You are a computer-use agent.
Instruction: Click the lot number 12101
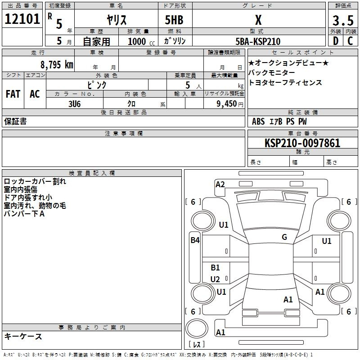coord(22,20)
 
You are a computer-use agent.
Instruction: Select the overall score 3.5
coord(342,20)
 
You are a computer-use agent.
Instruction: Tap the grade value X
coord(258,20)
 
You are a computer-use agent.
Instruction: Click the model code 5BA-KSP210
coord(258,41)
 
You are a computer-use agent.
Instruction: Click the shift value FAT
coord(13,94)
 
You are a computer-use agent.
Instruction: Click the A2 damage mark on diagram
coord(220,184)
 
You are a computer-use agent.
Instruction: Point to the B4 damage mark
coord(195,240)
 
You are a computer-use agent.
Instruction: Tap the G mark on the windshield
coord(284,237)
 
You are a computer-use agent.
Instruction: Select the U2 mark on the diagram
coord(215,279)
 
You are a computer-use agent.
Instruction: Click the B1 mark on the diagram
coord(215,268)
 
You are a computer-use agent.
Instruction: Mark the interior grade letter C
coord(350,41)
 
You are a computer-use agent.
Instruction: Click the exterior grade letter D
coord(335,41)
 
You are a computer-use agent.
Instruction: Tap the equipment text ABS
coord(258,121)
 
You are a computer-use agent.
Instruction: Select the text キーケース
coord(23,336)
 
